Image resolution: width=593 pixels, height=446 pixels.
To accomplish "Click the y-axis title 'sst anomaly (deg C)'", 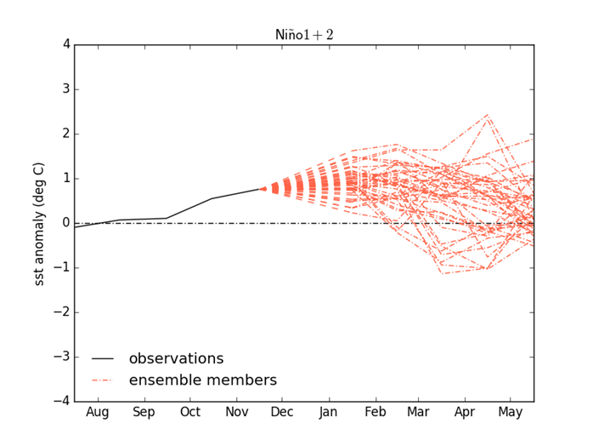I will point(39,222).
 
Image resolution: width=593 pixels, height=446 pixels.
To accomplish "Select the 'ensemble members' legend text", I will point(203,380).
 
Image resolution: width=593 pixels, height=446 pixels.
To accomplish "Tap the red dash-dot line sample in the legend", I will point(102,381).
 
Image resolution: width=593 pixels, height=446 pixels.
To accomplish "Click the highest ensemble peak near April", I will point(487,115).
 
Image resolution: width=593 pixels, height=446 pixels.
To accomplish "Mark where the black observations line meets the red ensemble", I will point(260,189).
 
